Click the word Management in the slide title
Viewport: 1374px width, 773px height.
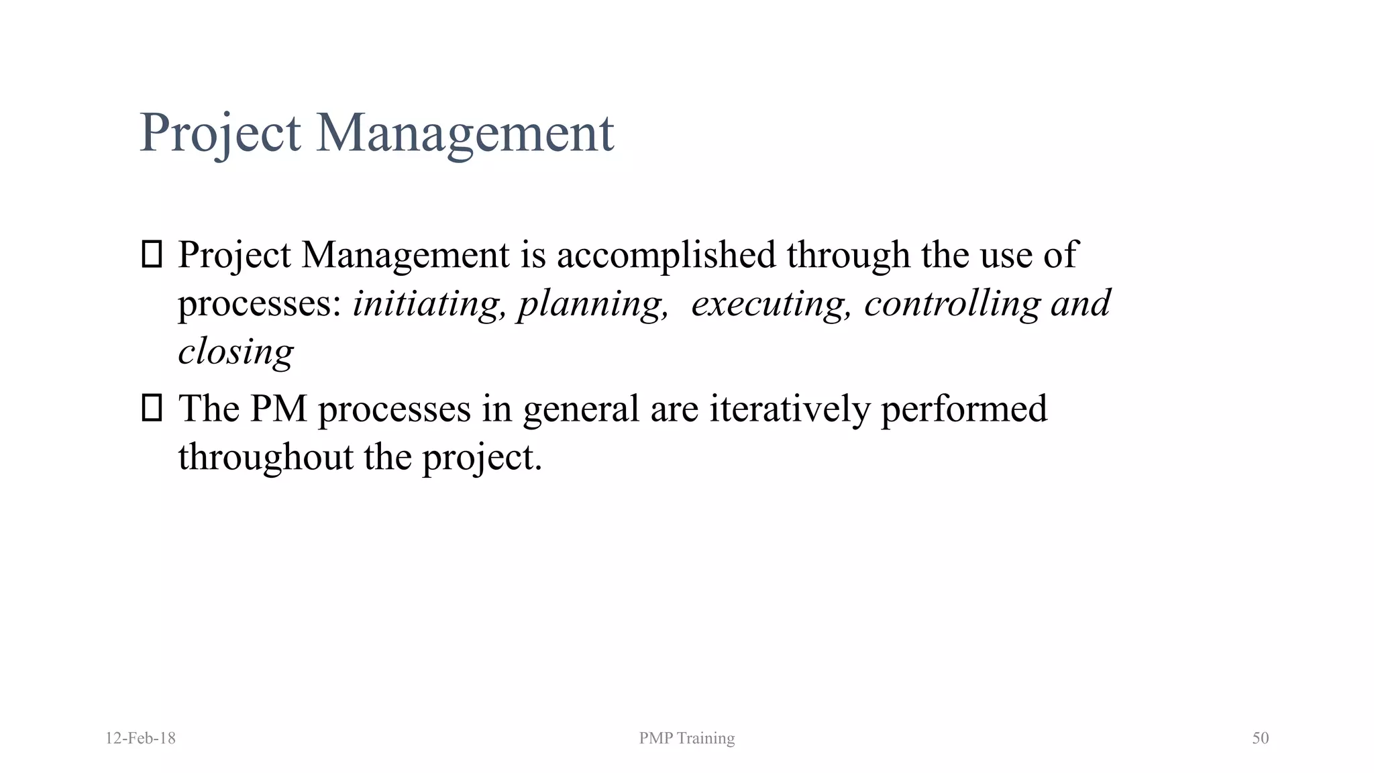(x=464, y=133)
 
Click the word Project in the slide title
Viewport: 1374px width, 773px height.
(x=220, y=133)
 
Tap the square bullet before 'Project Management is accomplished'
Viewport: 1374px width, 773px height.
(x=152, y=255)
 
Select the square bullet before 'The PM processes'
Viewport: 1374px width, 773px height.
(x=152, y=408)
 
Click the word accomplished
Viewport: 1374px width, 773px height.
(x=666, y=255)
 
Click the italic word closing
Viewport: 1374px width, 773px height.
(x=235, y=352)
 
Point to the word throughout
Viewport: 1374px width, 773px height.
(x=266, y=457)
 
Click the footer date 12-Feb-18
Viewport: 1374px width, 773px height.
(x=140, y=738)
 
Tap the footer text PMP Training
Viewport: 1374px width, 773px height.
(x=686, y=738)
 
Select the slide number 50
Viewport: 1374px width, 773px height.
(x=1260, y=738)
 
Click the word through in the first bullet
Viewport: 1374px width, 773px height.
(x=848, y=255)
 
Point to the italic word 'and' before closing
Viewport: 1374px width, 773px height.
(x=1081, y=303)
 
